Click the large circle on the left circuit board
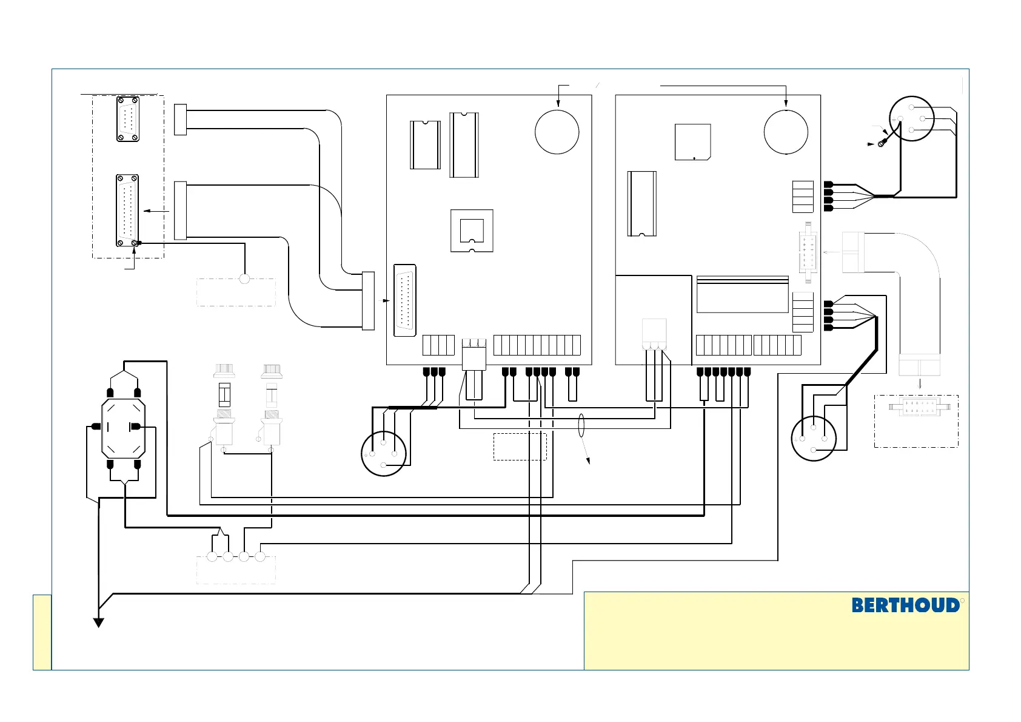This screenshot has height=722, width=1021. click(557, 132)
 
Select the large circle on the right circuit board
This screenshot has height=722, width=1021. click(786, 132)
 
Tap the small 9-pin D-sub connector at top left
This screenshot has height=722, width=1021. click(128, 119)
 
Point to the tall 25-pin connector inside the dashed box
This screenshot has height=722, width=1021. click(127, 210)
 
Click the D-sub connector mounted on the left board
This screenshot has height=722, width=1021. click(405, 300)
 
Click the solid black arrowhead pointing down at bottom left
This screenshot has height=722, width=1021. click(98, 622)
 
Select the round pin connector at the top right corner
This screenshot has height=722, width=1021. click(911, 119)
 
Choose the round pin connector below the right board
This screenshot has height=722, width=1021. click(814, 439)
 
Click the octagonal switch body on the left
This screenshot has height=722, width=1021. click(124, 428)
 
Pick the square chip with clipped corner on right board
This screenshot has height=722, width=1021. click(692, 142)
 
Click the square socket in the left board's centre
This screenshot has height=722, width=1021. click(472, 231)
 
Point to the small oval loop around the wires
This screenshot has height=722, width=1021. click(581, 425)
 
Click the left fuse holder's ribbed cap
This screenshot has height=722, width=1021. click(224, 369)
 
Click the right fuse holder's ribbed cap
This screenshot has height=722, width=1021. click(272, 369)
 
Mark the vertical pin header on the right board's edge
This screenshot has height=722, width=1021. click(806, 252)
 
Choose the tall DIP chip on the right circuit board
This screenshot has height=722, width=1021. click(642, 203)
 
